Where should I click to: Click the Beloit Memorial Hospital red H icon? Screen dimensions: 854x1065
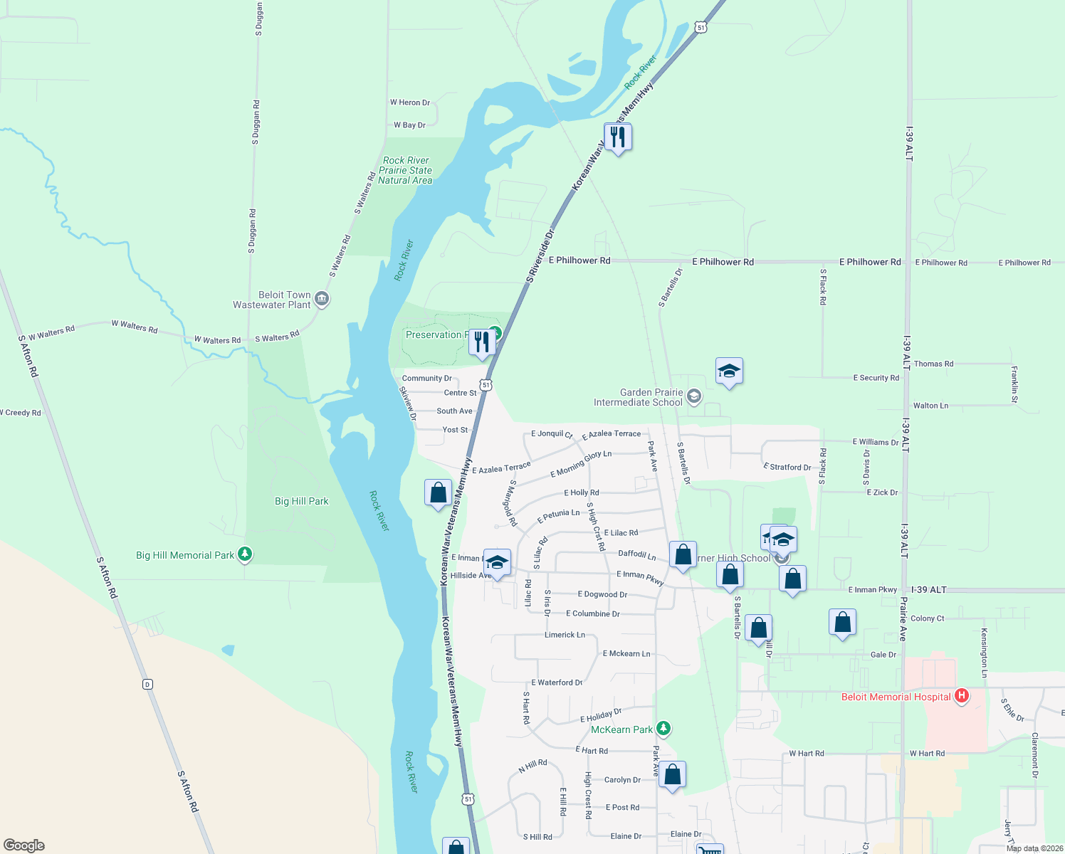tap(962, 696)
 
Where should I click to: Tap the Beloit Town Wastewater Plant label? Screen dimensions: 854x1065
tap(272, 300)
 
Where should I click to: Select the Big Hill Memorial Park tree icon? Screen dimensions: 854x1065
tap(245, 554)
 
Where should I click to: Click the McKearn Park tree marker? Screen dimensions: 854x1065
tap(663, 728)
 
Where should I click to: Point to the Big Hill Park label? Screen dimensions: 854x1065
tap(302, 501)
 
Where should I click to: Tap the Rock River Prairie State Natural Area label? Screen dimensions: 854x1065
tap(405, 171)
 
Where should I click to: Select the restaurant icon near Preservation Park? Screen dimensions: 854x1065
tap(483, 342)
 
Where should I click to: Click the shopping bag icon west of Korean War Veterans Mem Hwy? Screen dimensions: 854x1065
tap(438, 492)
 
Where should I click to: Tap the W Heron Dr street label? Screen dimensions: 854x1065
tap(409, 102)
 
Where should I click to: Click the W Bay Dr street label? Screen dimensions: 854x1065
tap(409, 125)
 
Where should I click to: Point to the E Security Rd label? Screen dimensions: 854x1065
tap(876, 378)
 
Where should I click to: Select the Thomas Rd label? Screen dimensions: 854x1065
tap(933, 364)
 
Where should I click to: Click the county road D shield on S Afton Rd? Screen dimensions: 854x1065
tap(147, 685)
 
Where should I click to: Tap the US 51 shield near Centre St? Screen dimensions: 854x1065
tap(486, 385)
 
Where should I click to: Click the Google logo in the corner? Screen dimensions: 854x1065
tap(24, 845)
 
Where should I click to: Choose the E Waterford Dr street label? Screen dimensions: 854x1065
tap(557, 682)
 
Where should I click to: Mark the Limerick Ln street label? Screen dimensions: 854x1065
tap(565, 635)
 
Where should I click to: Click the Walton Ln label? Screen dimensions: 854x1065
tap(930, 406)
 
